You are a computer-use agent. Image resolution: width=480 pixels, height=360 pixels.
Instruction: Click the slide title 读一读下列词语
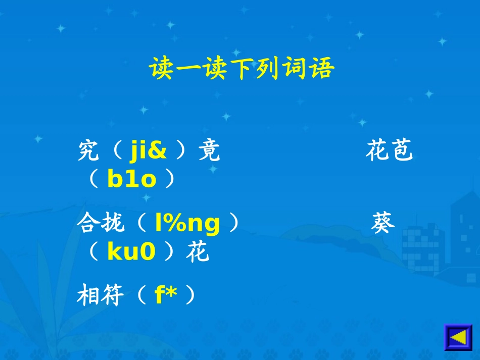tap(242, 69)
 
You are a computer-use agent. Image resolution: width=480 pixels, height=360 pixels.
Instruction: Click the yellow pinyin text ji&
tap(148, 151)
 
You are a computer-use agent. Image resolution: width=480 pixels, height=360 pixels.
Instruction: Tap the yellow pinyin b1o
tap(132, 179)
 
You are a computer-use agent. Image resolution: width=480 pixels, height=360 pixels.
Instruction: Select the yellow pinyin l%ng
tap(187, 224)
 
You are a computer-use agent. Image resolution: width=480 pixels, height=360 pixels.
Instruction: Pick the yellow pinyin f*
tap(166, 296)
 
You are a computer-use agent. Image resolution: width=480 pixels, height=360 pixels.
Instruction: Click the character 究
tap(88, 151)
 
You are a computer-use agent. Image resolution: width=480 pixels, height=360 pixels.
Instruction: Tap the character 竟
tap(209, 151)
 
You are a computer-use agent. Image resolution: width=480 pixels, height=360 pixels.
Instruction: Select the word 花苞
tap(390, 151)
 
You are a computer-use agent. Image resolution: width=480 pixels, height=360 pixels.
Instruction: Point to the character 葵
tap(383, 224)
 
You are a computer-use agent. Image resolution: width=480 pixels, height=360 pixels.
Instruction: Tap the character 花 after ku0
tap(197, 252)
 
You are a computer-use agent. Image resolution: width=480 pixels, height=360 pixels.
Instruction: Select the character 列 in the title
tap(268, 69)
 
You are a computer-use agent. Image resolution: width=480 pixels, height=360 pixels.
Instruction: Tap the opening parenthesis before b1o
tap(94, 179)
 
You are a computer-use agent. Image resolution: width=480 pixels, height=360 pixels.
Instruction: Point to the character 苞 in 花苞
tap(402, 151)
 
